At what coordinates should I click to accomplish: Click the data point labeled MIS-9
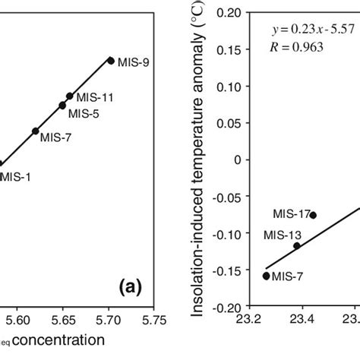tap(111, 60)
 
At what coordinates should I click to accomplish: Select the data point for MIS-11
tap(70, 96)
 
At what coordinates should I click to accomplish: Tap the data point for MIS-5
tap(62, 105)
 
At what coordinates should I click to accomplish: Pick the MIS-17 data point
tap(313, 215)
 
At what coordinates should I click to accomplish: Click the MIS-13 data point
tap(296, 245)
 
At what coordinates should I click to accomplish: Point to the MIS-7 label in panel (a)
tap(55, 139)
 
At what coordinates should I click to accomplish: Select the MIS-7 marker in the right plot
tap(266, 276)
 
